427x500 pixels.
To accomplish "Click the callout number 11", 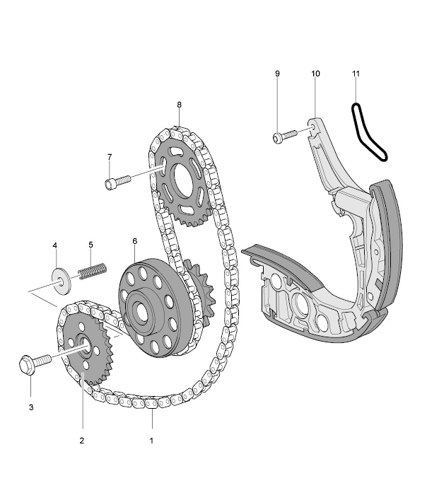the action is [356, 74].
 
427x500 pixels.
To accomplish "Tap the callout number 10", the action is [315, 74].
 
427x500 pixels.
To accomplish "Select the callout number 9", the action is [277, 74].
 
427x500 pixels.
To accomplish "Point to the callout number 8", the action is [179, 105].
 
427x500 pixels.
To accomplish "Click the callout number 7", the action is [110, 157].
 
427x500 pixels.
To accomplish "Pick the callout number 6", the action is [135, 241].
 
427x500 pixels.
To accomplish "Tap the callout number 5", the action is [90, 245].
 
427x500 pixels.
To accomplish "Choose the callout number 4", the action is [55, 245].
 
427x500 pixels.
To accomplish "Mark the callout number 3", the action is [31, 407].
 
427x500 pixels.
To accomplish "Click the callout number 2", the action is [82, 441].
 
